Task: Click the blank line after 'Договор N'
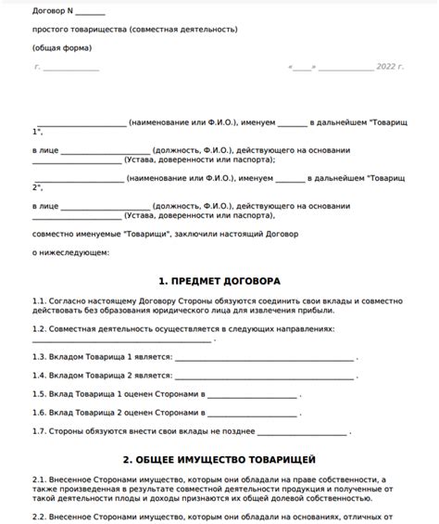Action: (x=90, y=13)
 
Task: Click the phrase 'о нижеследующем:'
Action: (x=70, y=251)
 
